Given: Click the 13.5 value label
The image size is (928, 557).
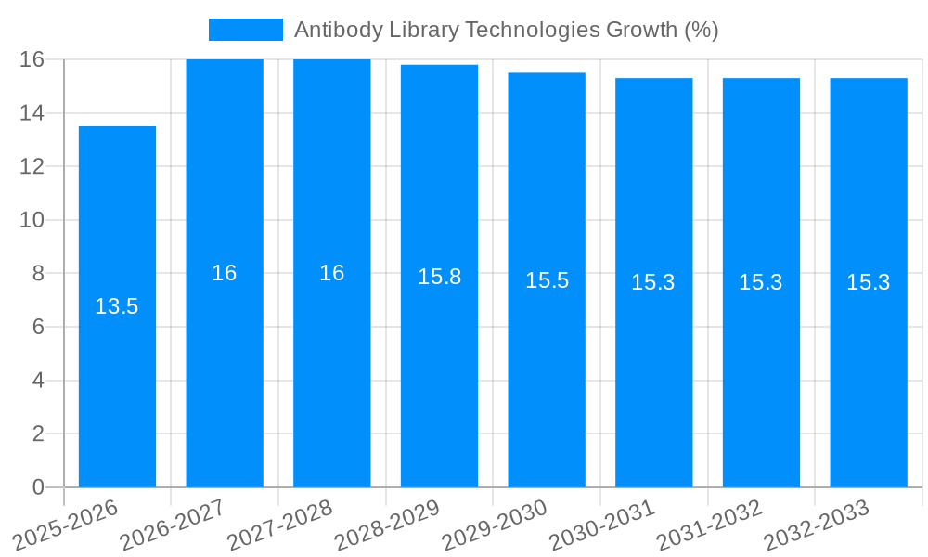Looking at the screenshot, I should point(117,306).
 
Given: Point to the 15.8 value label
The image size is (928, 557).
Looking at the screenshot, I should point(439,277).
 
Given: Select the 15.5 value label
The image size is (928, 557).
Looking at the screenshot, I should point(547,280).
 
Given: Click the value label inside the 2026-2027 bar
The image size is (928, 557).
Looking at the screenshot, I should point(225,273).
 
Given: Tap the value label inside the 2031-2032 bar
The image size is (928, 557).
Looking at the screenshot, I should point(761,282).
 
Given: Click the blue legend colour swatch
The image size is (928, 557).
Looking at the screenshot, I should point(245,30).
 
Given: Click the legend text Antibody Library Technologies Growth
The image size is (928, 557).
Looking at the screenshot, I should point(507,30).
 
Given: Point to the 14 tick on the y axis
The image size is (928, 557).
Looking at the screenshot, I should point(32,113).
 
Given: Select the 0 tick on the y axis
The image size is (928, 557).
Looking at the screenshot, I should point(38,487).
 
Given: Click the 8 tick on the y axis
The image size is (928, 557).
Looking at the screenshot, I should point(38,274).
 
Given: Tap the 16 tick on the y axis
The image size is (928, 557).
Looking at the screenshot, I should point(32,59).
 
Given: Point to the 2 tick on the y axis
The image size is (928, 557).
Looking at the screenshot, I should point(38,434).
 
